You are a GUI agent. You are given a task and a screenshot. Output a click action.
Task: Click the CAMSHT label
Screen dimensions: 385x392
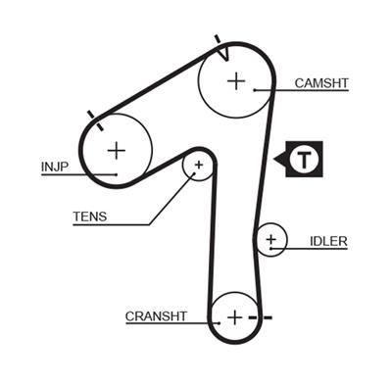point(320,83)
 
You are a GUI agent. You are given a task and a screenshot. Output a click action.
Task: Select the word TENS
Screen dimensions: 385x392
point(89,216)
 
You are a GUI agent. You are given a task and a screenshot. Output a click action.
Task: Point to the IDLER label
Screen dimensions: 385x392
point(327,241)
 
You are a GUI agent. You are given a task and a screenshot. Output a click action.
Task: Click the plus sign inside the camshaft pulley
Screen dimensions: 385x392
point(235,80)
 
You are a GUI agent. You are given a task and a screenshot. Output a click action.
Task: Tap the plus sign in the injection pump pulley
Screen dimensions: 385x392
point(116,150)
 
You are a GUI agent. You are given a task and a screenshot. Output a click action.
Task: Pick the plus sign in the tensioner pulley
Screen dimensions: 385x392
point(198,166)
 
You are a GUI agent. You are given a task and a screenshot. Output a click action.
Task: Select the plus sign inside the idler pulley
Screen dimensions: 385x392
point(270,239)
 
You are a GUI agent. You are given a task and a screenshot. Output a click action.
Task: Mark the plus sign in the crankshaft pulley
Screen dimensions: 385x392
point(234,317)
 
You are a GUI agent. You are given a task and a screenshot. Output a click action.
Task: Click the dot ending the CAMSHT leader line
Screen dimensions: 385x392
point(255,90)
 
